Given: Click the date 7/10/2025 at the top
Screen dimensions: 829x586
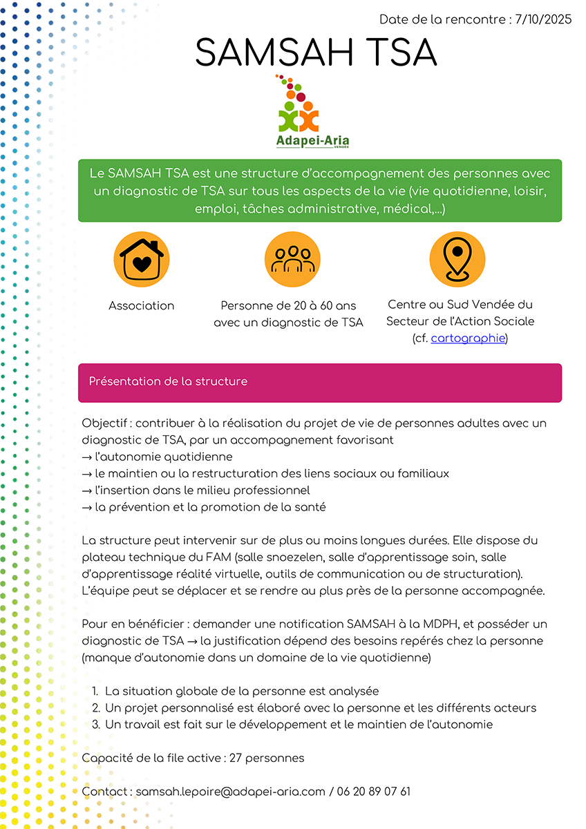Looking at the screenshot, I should point(544,19).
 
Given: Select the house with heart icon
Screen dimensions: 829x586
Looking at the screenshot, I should point(142,259).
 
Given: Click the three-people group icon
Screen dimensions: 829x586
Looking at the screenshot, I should point(292,259).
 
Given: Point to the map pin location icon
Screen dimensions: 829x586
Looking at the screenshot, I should point(457,259).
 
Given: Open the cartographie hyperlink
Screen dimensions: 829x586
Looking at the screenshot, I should point(468,339).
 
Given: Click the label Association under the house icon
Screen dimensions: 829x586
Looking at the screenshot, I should point(142,305).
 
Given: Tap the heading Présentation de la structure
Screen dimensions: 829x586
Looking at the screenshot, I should point(168,381).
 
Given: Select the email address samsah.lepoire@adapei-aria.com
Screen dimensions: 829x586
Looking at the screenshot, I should point(230,791).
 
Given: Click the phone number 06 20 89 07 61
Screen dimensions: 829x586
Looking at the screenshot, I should point(374,791).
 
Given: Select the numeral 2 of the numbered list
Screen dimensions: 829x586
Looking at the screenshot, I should point(95,708).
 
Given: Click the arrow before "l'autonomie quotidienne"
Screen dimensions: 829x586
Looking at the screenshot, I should point(87,457).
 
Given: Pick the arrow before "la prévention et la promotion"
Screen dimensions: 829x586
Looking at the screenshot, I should point(87,507).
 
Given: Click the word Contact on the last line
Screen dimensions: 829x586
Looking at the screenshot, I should point(106,791).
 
